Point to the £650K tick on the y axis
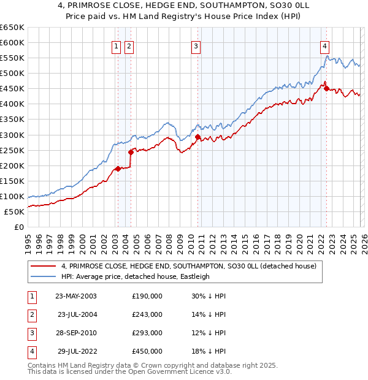tap(12, 28)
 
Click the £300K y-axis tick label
tap(12, 135)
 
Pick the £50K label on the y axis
tap(15, 211)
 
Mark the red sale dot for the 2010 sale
tap(198, 137)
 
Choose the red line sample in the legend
tap(43, 266)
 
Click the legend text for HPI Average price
tap(136, 276)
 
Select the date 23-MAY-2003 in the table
tap(76, 295)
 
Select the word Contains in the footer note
tap(43, 365)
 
